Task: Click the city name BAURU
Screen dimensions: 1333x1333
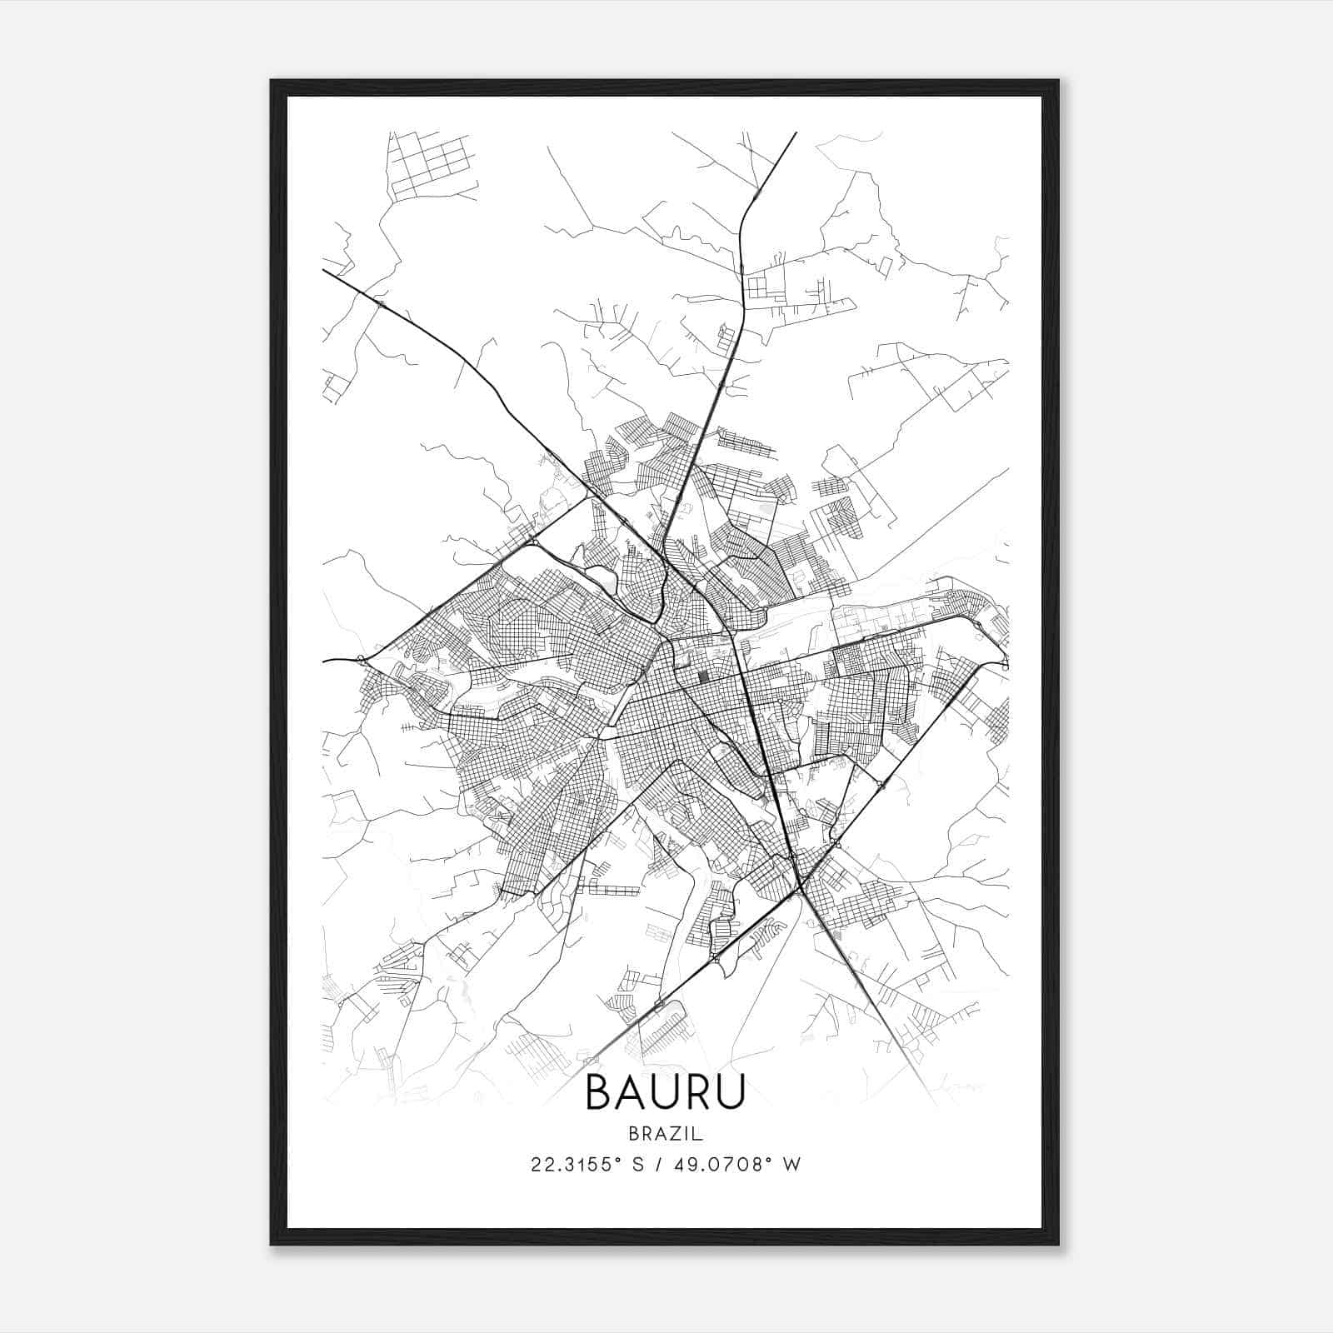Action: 665,1093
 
